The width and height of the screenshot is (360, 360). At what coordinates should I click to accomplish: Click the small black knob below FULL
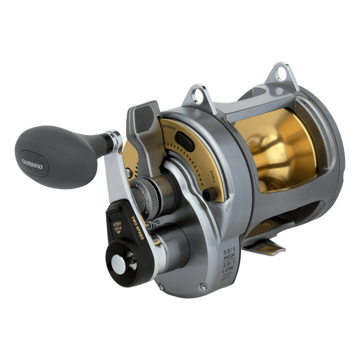coord(208,195)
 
